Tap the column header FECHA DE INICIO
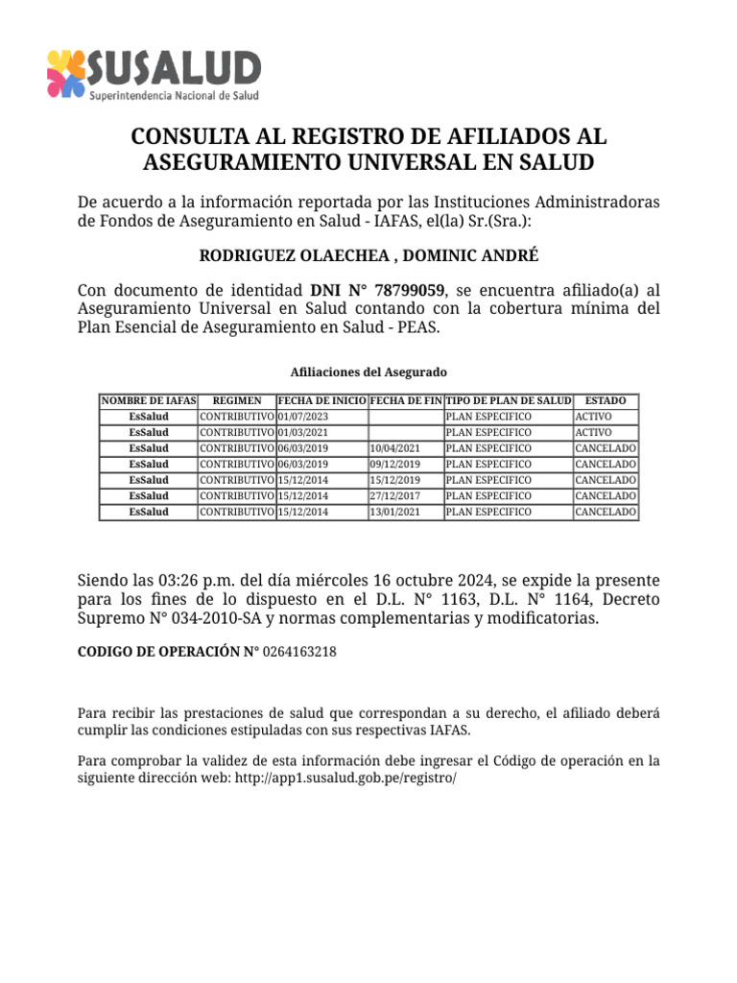click(x=321, y=400)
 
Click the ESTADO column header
click(x=606, y=400)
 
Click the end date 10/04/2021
click(x=394, y=448)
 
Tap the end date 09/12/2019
click(x=394, y=465)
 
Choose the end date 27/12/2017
click(x=394, y=496)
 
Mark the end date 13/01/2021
click(x=394, y=512)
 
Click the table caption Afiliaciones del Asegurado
click(x=368, y=372)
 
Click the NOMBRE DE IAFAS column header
click(x=149, y=400)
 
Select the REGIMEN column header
click(x=237, y=400)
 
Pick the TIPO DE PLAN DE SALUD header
click(x=509, y=400)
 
